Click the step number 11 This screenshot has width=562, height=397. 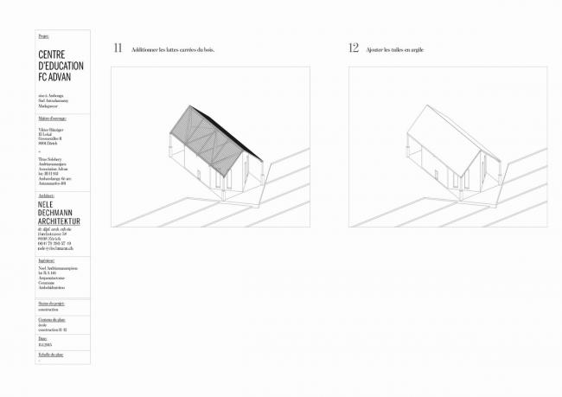[117, 48]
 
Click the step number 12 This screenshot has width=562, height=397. [354, 48]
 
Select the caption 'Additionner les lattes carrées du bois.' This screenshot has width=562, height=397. [172, 50]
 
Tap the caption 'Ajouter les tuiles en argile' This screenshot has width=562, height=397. [395, 50]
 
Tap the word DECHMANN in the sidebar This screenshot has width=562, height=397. [57, 214]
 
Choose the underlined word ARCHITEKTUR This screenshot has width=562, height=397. [60, 221]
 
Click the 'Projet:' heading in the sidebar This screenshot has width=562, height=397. [44, 36]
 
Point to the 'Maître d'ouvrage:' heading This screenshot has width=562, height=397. [53, 118]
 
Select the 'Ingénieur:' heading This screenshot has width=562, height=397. [48, 259]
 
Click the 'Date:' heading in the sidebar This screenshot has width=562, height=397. [43, 336]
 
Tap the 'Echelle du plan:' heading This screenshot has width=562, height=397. [51, 355]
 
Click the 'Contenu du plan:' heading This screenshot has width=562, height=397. [52, 319]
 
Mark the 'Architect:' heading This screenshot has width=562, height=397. [47, 196]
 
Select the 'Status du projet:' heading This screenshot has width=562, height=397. [52, 303]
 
